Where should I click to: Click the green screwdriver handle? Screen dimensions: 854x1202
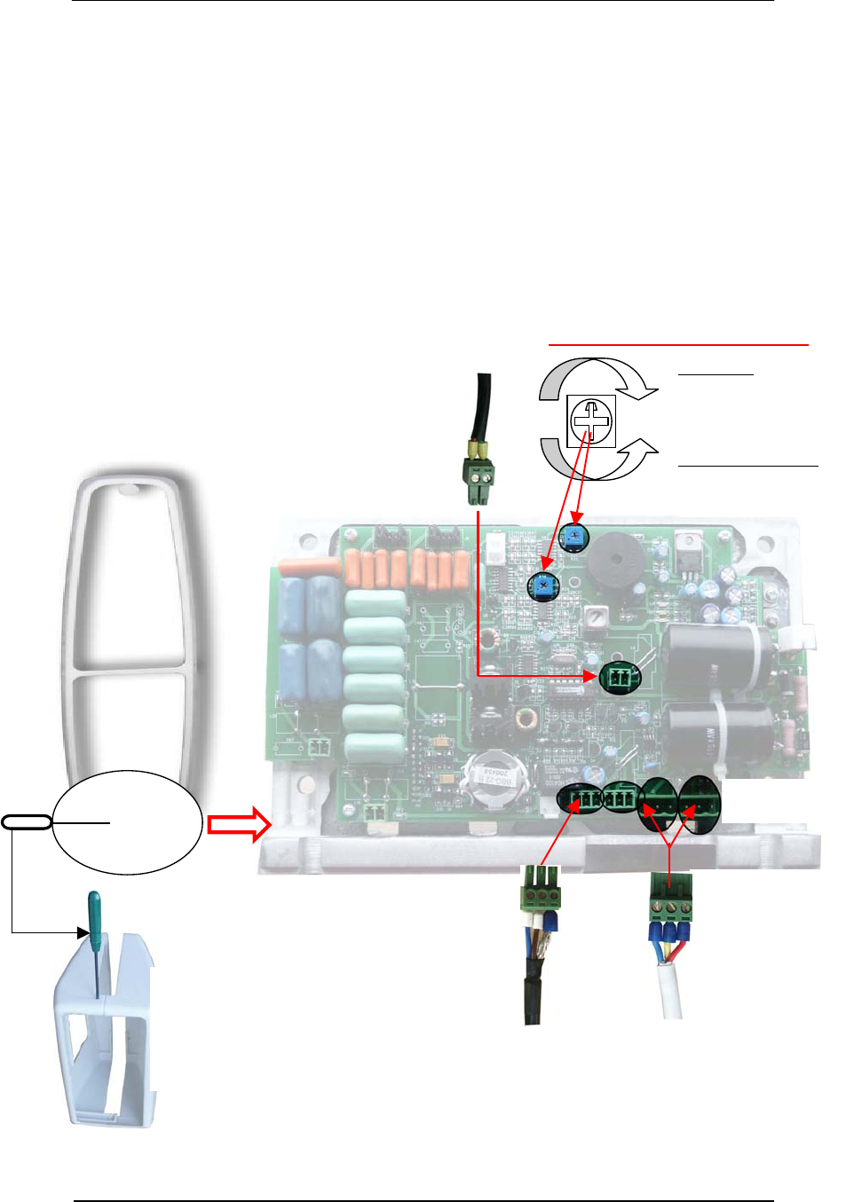(93, 914)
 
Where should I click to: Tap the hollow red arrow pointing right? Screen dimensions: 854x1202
(238, 824)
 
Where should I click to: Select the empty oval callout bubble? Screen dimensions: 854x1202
(127, 822)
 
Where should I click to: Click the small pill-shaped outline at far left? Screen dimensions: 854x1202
(27, 822)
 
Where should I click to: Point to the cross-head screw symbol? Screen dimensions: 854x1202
(591, 420)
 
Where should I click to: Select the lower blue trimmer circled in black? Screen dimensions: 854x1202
(542, 586)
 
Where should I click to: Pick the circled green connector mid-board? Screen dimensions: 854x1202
(621, 679)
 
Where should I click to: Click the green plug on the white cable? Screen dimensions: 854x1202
(669, 900)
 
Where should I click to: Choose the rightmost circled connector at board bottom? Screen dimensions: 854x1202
(700, 805)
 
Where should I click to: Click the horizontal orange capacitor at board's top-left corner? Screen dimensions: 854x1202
(309, 567)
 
